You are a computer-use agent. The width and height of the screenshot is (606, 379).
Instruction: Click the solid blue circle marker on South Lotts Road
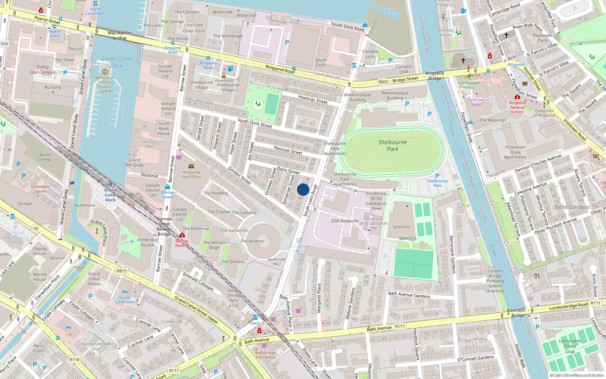[303, 189]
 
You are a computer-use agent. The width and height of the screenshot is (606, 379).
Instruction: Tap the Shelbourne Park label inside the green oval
[392, 146]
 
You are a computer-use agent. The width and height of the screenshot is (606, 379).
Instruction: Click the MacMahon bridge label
[119, 35]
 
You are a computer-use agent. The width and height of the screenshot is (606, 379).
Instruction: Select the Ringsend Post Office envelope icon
[191, 166]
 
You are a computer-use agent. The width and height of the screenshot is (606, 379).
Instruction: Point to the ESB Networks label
[345, 221]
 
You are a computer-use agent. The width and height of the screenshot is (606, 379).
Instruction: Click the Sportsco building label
[401, 227]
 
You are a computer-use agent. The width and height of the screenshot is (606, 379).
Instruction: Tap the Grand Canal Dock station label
[110, 195]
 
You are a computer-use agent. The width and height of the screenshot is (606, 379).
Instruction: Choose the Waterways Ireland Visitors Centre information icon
[105, 71]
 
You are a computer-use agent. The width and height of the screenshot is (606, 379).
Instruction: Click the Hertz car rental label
[255, 323]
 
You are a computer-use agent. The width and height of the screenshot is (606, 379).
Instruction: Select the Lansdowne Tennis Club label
[570, 346]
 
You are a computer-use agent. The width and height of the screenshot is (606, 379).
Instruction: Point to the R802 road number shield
[383, 82]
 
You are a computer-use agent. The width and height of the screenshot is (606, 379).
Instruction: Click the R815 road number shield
[122, 271]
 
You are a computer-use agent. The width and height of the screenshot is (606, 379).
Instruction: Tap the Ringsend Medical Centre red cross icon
[517, 97]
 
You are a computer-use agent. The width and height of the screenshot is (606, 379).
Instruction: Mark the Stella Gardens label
[572, 207]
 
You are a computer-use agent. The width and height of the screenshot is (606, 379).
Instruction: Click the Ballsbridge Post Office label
[266, 355]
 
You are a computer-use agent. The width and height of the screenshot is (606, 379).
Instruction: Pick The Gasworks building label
[234, 230]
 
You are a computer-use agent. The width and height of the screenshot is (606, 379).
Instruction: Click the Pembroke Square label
[147, 242]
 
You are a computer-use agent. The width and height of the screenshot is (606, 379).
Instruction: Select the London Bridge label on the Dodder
[518, 312]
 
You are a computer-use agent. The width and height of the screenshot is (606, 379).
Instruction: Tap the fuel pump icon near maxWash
[230, 69]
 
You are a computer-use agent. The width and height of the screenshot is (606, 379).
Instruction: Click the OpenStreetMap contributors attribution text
[576, 375]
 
